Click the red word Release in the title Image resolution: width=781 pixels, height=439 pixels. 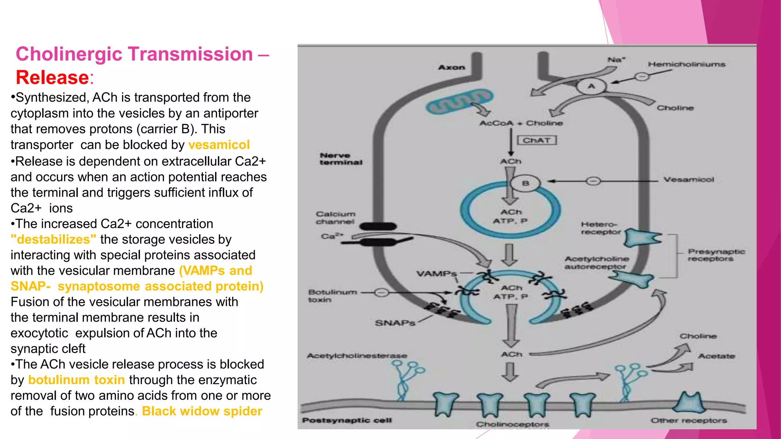[52, 77]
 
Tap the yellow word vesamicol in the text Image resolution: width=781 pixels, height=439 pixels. [219, 145]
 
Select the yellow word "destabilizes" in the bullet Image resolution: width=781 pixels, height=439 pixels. [53, 239]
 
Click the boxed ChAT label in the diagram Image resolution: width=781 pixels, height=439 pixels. [537, 140]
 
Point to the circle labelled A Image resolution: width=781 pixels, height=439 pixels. [591, 87]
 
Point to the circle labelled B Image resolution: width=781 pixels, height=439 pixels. [525, 183]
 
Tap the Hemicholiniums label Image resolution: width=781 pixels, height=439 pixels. [686, 64]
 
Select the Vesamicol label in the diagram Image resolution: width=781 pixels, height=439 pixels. [689, 179]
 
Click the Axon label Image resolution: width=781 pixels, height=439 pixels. [452, 67]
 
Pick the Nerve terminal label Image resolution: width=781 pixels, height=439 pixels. [341, 159]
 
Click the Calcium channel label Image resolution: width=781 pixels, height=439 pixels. [335, 218]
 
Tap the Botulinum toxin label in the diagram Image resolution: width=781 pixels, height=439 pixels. [332, 296]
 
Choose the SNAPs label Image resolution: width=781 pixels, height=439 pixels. [395, 323]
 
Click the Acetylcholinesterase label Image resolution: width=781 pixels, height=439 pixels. [357, 356]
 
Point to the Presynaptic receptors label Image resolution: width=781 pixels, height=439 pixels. [716, 255]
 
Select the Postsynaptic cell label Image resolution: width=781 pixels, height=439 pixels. [347, 420]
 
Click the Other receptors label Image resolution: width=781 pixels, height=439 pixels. [688, 420]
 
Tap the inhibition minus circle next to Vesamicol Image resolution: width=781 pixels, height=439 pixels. [593, 181]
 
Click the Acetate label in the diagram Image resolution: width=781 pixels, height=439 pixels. [717, 356]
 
